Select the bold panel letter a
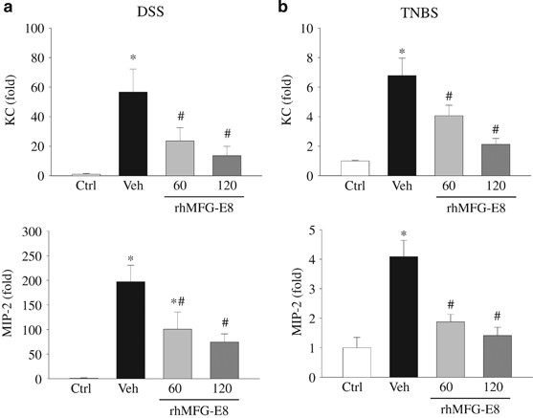tap(8, 8)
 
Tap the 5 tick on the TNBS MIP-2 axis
tap(320, 230)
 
